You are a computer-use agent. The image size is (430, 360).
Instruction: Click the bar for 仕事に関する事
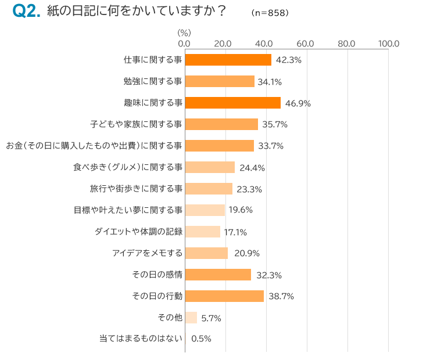228,60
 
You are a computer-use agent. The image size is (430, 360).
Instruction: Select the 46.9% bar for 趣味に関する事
232,103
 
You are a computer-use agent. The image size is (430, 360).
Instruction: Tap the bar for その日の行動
224,296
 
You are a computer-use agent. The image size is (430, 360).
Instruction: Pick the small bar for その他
191,318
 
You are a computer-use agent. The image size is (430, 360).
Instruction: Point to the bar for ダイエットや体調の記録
202,232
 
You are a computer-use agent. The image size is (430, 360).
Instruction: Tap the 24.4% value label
252,167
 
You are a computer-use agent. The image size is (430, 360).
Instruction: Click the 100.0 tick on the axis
388,44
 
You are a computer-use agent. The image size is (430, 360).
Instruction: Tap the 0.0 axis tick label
184,44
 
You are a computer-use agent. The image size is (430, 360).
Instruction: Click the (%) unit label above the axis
184,33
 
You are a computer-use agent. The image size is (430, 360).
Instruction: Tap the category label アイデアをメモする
148,253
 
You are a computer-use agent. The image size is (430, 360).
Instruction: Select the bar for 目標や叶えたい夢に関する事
205,210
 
